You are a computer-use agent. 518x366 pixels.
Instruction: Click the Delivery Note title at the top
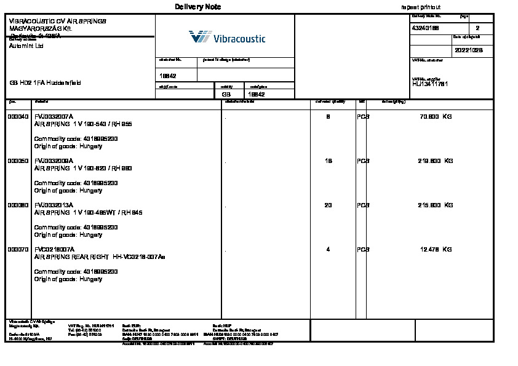[x=197, y=7]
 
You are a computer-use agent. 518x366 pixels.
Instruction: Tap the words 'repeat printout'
[x=421, y=7]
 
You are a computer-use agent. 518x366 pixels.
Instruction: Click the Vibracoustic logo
[x=227, y=38]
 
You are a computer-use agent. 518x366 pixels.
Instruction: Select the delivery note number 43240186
[x=424, y=28]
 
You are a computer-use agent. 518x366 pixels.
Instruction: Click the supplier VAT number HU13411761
[x=431, y=84]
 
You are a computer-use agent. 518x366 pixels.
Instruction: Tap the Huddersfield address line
[x=44, y=83]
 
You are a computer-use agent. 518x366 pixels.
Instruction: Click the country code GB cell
[x=226, y=95]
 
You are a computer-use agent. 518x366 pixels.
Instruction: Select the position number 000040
[x=18, y=116]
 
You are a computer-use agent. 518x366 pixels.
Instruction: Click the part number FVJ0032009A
[x=54, y=161]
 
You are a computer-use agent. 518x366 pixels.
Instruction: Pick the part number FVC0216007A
[x=54, y=249]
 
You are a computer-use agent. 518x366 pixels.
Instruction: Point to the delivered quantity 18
[x=328, y=161]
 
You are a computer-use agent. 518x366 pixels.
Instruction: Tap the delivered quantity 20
[x=328, y=205]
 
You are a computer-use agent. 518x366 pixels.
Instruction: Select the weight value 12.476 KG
[x=436, y=249]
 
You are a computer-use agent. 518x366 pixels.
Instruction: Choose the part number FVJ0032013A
[x=54, y=205]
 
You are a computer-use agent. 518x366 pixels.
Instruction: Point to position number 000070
[x=18, y=249]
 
